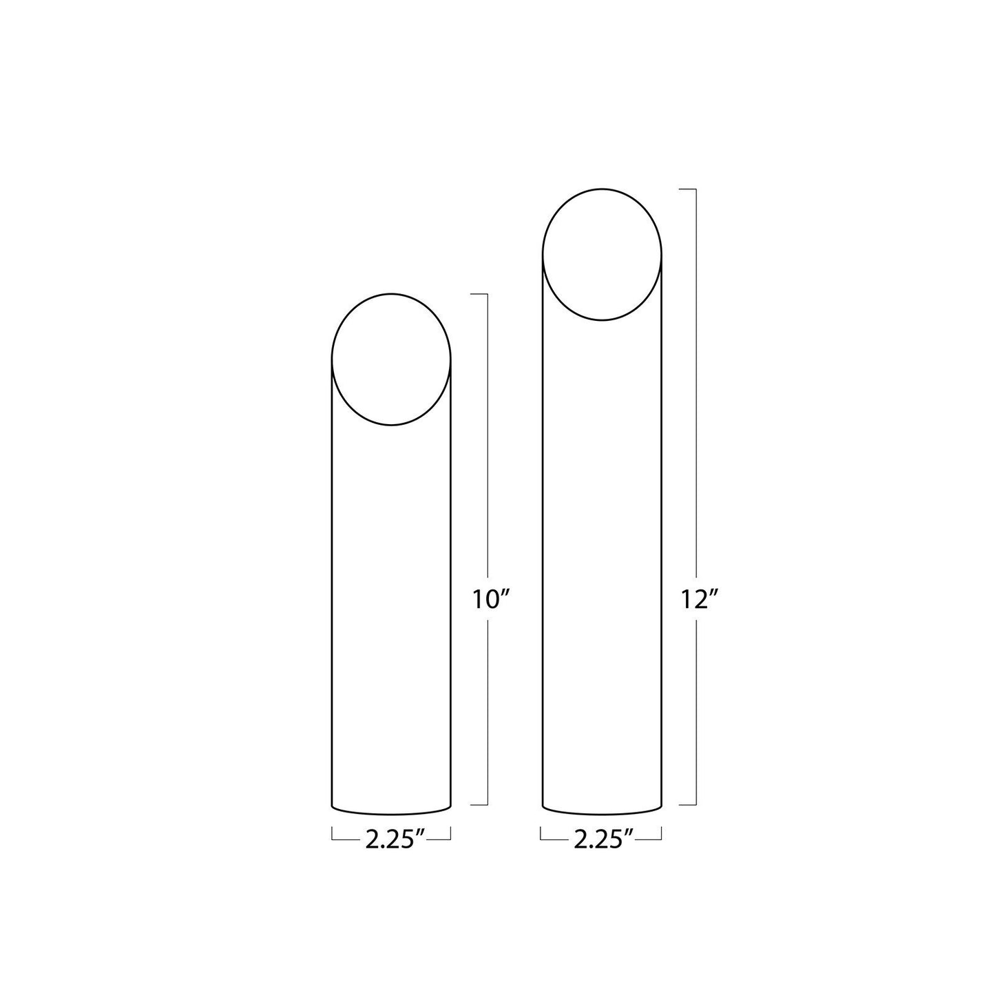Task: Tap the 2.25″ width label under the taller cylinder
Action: coord(603,839)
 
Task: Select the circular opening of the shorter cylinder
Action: coord(392,359)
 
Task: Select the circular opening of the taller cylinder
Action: coord(603,254)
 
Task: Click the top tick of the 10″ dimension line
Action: coord(479,294)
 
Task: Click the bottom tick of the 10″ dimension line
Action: coord(479,804)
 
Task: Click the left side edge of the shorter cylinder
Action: coord(333,585)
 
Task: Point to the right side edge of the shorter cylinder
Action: coord(451,585)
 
